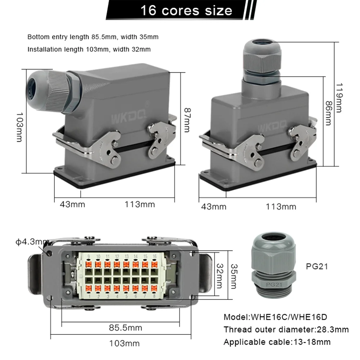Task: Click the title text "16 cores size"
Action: tap(186, 10)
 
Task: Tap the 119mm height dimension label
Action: tap(339, 98)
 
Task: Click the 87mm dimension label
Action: tap(187, 120)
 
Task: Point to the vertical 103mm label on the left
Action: tap(19, 127)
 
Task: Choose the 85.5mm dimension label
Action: tap(125, 328)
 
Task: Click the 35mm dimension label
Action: tap(234, 276)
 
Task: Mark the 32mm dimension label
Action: tap(220, 276)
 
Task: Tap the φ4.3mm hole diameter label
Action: tap(32, 242)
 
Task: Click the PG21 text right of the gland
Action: tap(317, 266)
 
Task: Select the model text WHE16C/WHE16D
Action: tap(289, 317)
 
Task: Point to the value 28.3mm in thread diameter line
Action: tap(333, 329)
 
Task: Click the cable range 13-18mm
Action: tap(312, 342)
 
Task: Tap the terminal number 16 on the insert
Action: tap(154, 256)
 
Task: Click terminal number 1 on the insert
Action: tap(89, 296)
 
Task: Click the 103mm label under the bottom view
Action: tap(124, 343)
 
